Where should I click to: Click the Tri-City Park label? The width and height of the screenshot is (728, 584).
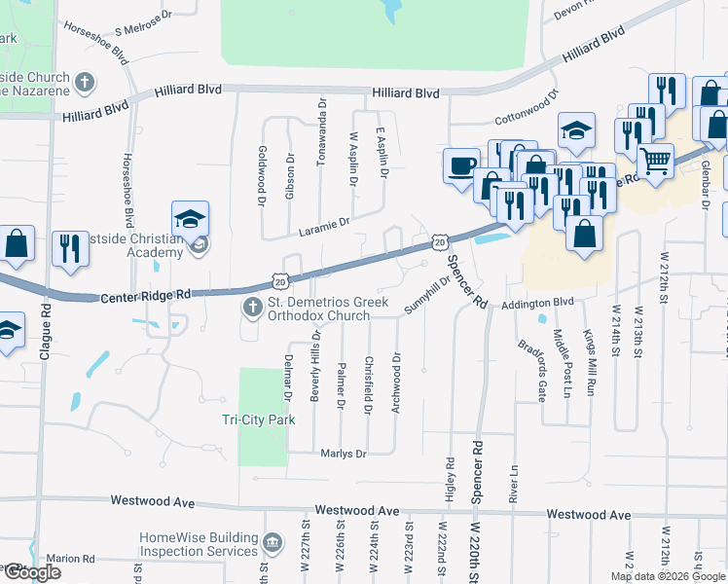pos(259,420)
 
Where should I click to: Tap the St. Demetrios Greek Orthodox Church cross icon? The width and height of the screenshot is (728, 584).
pos(252,309)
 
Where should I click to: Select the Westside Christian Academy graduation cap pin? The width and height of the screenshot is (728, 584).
pos(191,218)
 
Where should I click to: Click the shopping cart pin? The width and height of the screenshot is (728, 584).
pos(656,159)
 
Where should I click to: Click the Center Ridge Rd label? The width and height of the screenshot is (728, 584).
pos(146,295)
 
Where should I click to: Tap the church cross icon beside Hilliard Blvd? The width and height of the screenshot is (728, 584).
pos(86,83)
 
